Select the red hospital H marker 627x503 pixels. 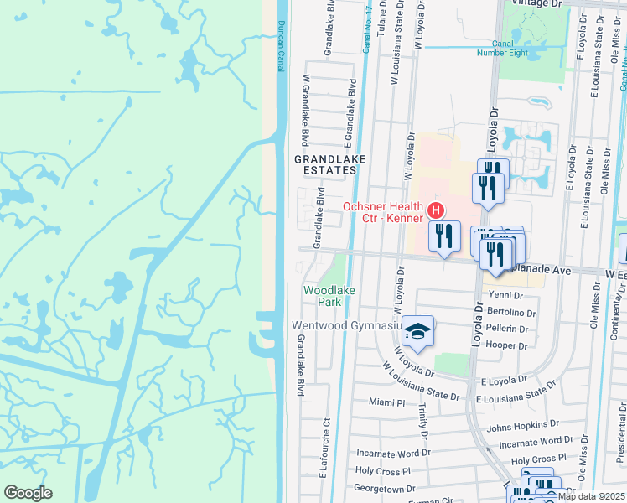(435, 210)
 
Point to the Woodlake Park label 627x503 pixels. (323, 294)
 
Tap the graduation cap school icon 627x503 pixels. (417, 332)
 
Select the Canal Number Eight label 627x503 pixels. (502, 48)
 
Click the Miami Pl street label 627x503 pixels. (386, 402)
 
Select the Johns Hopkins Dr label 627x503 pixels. (522, 425)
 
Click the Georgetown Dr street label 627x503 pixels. (386, 487)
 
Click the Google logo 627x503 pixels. (28, 492)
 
